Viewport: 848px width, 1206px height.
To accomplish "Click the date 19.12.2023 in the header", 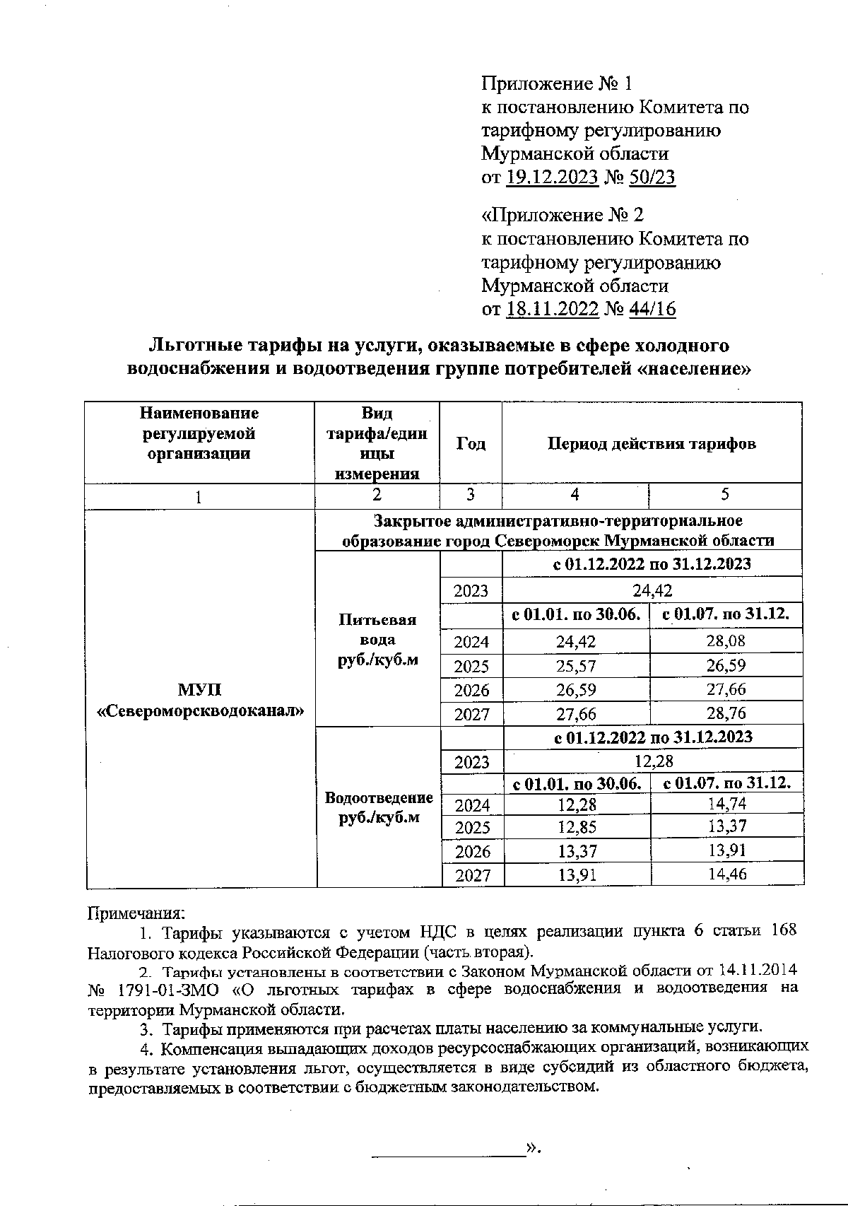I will pyautogui.click(x=553, y=177).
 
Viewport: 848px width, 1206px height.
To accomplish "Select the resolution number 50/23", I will pyautogui.click(x=652, y=177).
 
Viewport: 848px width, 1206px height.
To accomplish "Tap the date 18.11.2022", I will pyautogui.click(x=553, y=309).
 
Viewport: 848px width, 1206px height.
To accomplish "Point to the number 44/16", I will pyautogui.click(x=652, y=309).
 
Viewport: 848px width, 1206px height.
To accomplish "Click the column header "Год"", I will pyautogui.click(x=471, y=443).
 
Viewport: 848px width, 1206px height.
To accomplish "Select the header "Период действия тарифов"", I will pyautogui.click(x=652, y=443).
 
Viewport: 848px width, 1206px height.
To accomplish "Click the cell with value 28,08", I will pyautogui.click(x=726, y=641).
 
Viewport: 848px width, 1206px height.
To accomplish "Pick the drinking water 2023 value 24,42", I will pyautogui.click(x=652, y=590).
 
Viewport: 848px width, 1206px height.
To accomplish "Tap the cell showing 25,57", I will pyautogui.click(x=576, y=666).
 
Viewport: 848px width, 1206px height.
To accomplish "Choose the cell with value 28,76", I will pyautogui.click(x=726, y=713).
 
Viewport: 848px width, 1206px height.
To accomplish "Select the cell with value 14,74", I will pyautogui.click(x=726, y=803).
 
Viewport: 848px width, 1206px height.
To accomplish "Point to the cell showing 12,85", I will pyautogui.click(x=577, y=826).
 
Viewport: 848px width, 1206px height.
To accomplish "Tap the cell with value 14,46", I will pyautogui.click(x=726, y=874).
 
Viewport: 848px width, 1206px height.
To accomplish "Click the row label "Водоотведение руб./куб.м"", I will pyautogui.click(x=378, y=807).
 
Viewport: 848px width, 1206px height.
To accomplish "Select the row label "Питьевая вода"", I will pyautogui.click(x=378, y=630).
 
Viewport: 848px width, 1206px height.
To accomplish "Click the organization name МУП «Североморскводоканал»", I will pyautogui.click(x=200, y=701).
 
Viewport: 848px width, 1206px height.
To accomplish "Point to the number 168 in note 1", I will pyautogui.click(x=783, y=930).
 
